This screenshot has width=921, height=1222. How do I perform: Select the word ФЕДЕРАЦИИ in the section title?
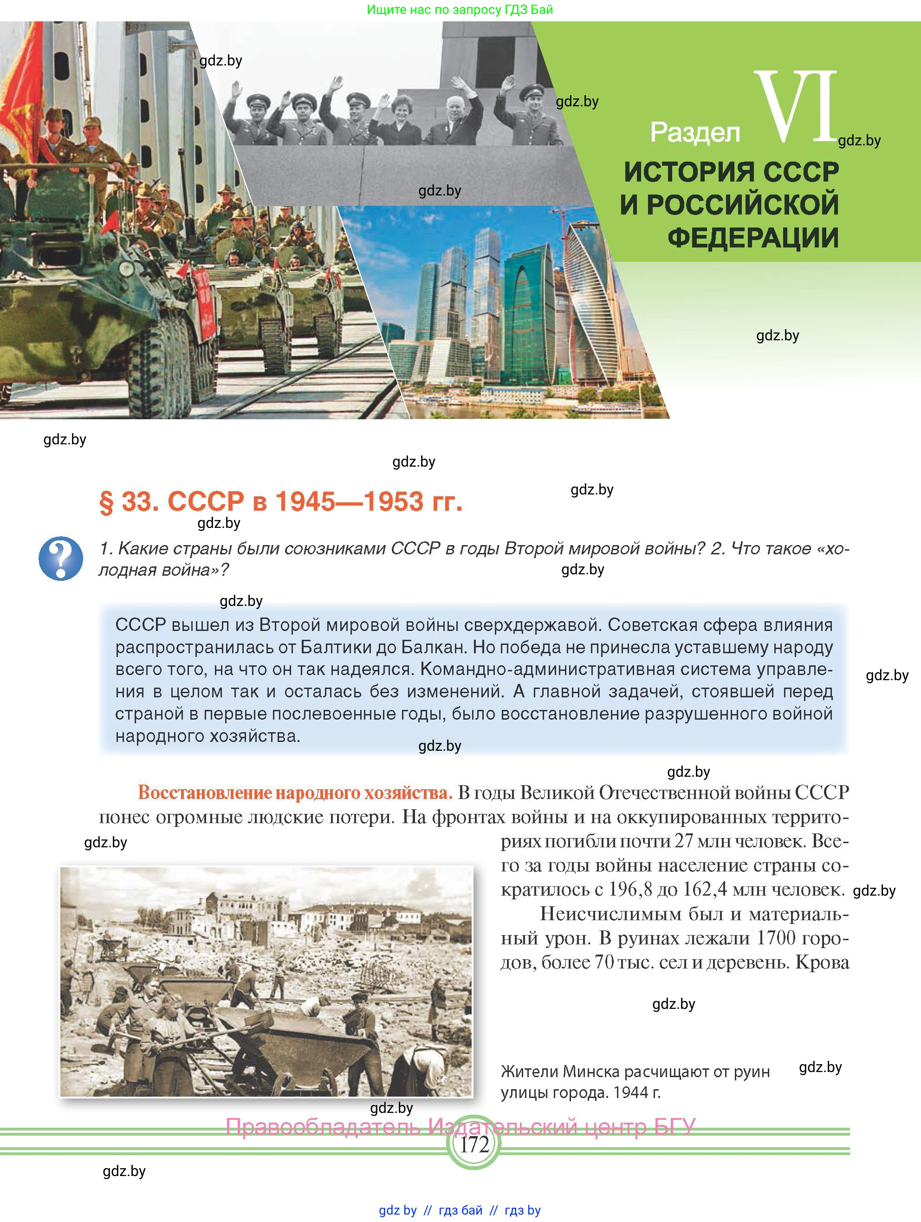click(x=753, y=238)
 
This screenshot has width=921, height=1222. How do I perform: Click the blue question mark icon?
click(x=61, y=558)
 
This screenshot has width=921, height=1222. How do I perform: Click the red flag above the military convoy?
click(x=22, y=83)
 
